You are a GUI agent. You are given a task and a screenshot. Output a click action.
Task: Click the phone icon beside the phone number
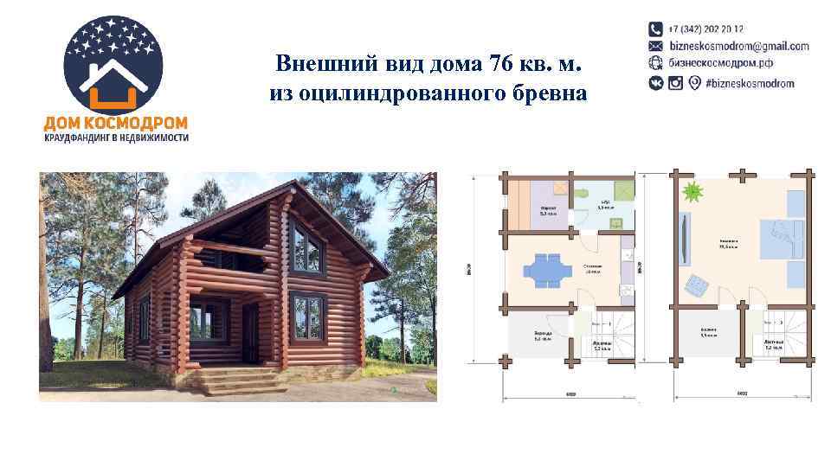click(656, 29)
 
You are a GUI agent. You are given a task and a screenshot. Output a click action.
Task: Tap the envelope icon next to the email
click(656, 46)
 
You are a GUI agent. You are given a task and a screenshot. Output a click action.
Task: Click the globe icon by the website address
click(656, 63)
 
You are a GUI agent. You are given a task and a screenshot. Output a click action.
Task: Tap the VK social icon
click(656, 83)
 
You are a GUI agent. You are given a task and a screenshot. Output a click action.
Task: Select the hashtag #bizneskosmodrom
click(750, 83)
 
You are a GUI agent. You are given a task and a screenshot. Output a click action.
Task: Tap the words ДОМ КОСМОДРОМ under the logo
click(116, 124)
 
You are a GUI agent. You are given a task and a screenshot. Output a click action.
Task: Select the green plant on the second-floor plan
click(691, 191)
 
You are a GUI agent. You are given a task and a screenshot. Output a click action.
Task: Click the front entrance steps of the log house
click(235, 381)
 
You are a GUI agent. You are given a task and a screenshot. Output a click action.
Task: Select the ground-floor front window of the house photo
click(307, 318)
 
